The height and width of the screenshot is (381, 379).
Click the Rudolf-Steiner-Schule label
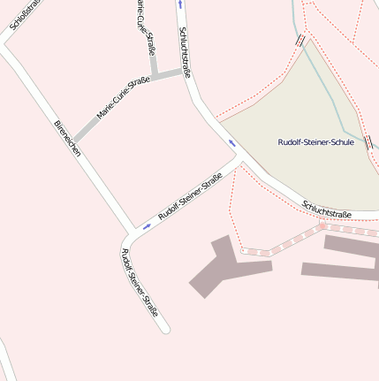[315, 142]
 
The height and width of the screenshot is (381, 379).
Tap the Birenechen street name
[68, 139]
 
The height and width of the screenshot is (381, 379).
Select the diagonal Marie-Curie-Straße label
[124, 99]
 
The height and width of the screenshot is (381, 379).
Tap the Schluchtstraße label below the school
[327, 209]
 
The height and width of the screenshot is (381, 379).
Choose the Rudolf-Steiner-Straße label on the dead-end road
[140, 284]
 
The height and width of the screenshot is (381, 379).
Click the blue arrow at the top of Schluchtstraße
[180, 4]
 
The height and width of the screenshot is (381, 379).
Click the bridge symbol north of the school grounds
[301, 40]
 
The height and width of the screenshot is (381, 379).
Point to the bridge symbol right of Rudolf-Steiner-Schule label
[367, 141]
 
